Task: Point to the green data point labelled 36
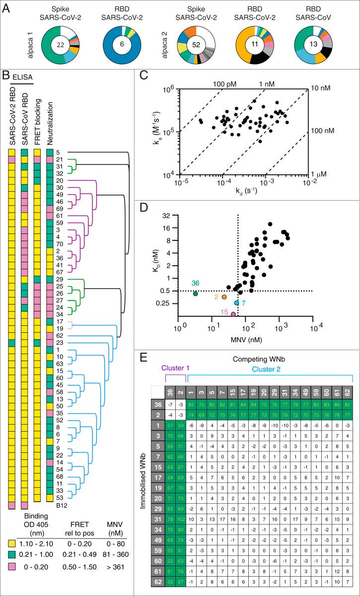[x=195, y=294]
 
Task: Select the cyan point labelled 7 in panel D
[x=237, y=302]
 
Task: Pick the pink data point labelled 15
[x=233, y=314]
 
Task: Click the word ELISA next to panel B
[x=23, y=76]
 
